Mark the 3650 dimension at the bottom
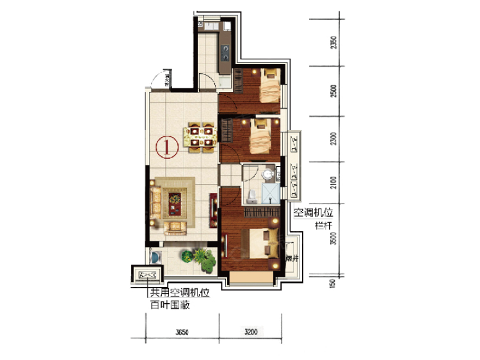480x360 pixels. point(183,332)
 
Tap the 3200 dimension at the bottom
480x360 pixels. point(250,332)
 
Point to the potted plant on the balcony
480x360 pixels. point(204,258)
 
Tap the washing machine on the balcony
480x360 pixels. point(156,256)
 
